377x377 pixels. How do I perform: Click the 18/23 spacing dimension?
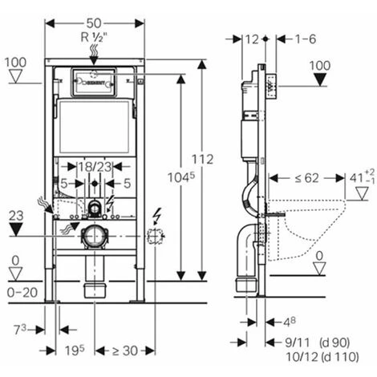coord(95,165)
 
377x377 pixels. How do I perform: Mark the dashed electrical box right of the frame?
coord(155,237)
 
